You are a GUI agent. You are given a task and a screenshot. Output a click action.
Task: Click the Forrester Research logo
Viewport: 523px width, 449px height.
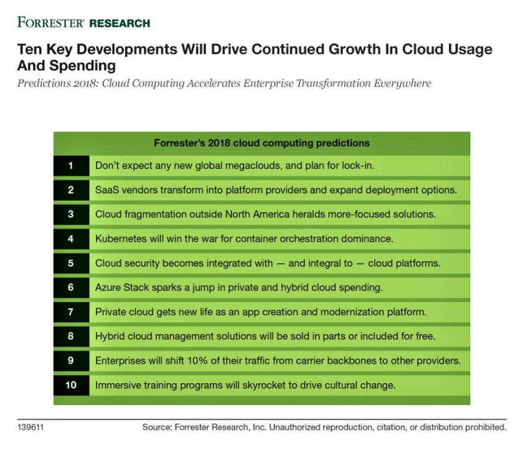click(83, 23)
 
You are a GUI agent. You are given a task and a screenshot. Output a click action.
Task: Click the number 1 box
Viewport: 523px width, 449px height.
click(71, 166)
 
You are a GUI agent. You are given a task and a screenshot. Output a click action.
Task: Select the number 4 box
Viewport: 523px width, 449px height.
click(71, 239)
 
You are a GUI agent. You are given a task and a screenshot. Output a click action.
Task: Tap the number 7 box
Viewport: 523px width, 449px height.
click(71, 312)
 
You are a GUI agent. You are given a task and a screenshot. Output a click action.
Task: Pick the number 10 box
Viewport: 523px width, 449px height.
click(71, 385)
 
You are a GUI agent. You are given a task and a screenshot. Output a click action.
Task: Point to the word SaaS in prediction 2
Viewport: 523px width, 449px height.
click(107, 190)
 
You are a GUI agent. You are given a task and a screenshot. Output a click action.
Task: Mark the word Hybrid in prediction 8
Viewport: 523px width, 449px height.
click(110, 336)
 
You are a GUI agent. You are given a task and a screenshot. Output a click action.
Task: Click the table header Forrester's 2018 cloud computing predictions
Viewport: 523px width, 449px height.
click(261, 143)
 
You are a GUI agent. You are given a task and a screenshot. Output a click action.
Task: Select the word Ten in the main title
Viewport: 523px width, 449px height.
click(28, 50)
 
